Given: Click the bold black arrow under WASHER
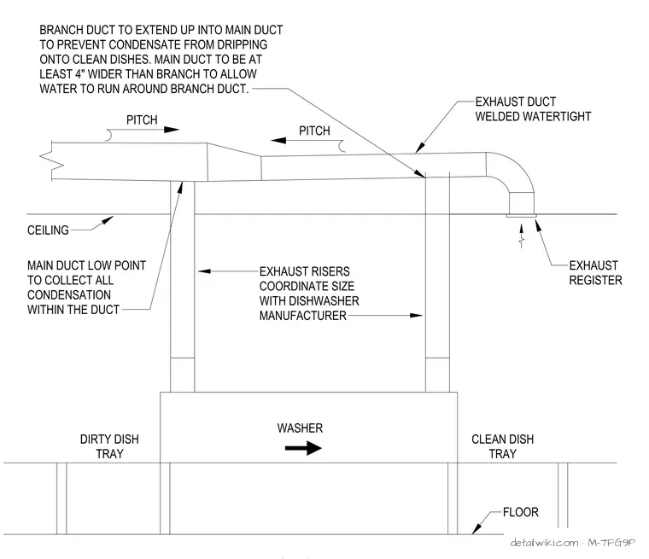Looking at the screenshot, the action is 303,448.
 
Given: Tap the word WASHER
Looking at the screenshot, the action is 300,428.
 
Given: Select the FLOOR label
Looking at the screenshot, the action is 521,512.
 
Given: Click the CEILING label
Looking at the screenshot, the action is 48,230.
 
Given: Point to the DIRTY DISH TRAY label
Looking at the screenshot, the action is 109,446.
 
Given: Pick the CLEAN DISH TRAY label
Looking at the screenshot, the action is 502,446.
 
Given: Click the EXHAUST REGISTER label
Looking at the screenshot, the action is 595,273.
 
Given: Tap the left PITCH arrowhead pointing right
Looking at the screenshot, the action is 172,130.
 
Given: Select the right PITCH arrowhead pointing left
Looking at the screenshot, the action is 278,140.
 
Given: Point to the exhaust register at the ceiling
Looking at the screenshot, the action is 521,216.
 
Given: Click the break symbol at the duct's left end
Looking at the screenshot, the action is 52,160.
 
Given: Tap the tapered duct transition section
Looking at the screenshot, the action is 234,163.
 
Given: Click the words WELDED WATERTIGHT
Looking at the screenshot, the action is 533,117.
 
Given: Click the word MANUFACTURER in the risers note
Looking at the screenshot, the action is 303,316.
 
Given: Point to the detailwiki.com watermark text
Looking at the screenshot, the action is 544,543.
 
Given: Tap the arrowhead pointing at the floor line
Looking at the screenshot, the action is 477,529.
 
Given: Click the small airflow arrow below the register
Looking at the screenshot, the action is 522,236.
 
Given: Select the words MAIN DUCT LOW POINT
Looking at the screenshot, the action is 86,265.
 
